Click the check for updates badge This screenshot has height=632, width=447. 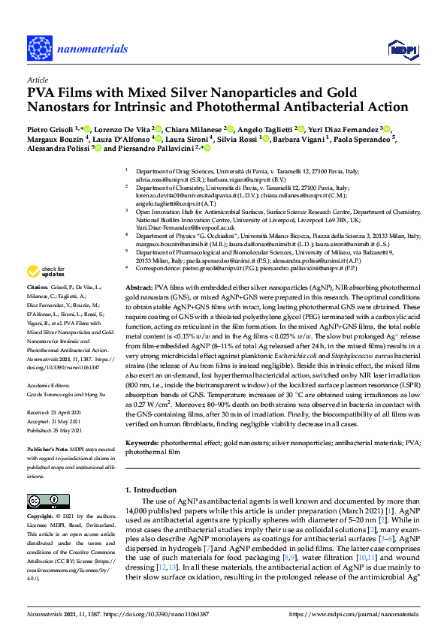click(46, 271)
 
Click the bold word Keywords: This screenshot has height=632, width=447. click(143, 442)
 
